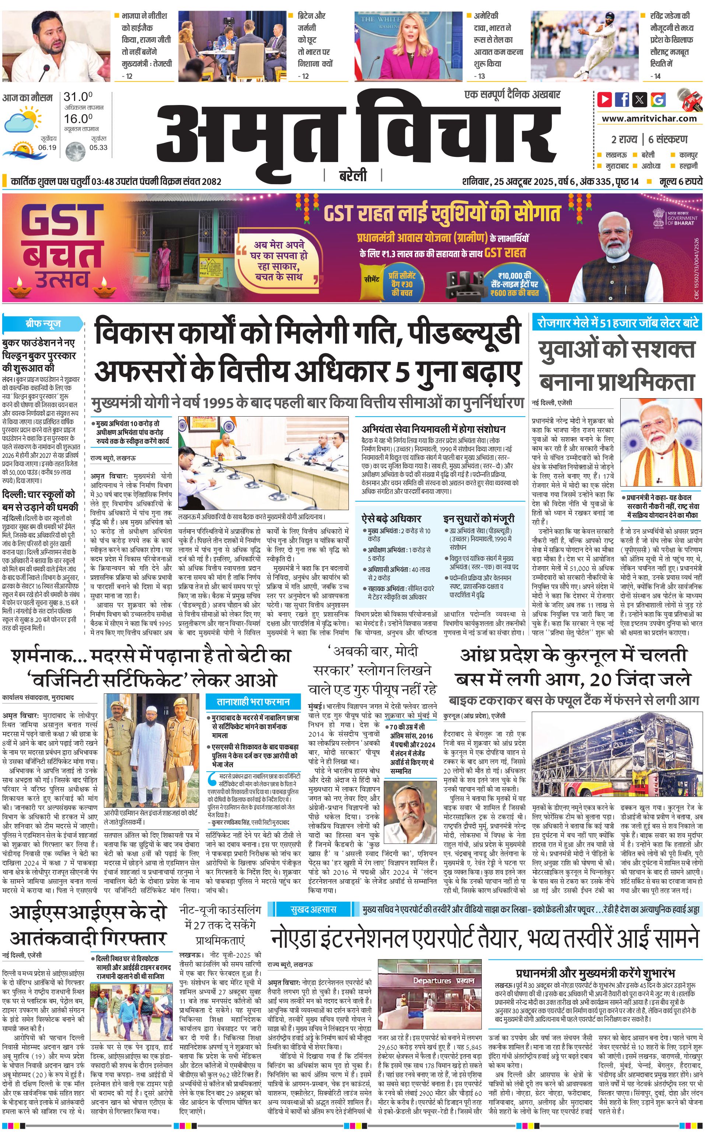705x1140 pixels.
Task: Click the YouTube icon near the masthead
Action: (605, 99)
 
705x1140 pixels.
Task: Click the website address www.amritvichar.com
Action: (649, 119)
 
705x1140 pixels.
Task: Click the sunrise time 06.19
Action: (47, 147)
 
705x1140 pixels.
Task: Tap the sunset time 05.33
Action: (98, 147)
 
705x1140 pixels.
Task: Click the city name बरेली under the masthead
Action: (353, 175)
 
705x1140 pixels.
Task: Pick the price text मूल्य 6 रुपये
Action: (680, 181)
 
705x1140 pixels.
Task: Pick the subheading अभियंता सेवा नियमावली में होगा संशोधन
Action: (434, 429)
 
